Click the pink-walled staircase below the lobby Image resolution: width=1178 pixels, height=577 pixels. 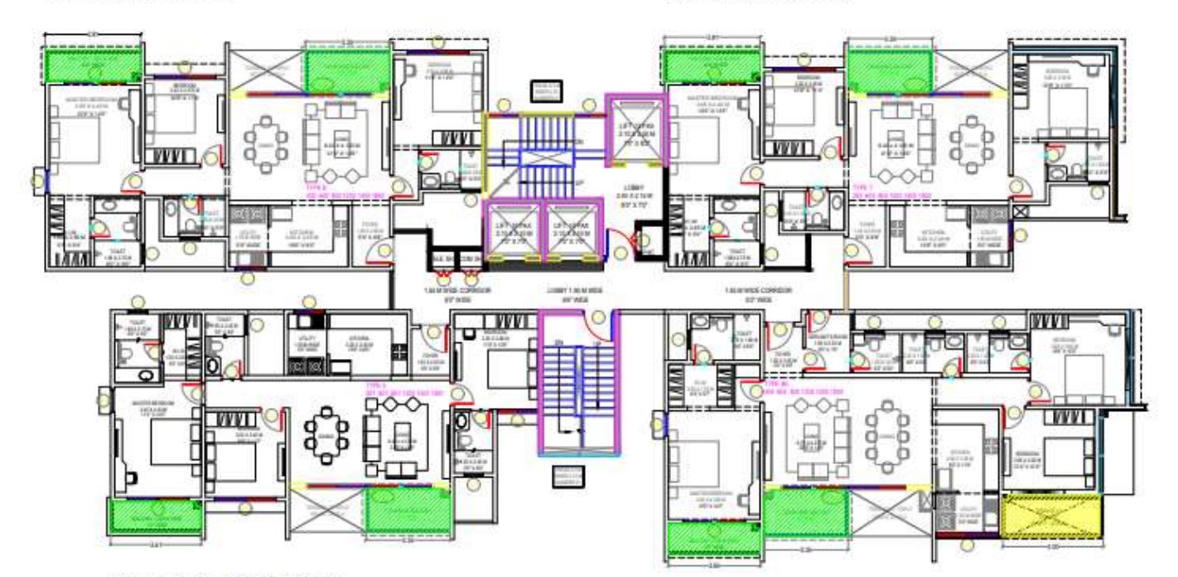point(577,381)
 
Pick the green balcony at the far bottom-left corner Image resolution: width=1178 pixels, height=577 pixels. point(157,516)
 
